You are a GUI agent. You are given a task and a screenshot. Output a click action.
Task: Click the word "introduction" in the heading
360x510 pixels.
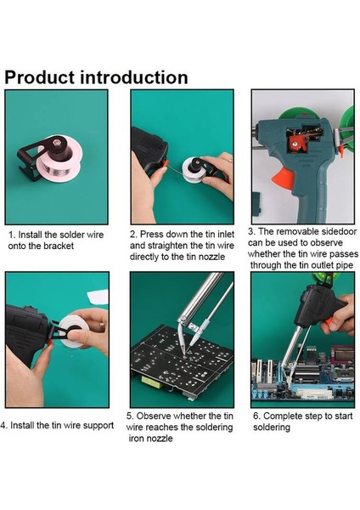[134, 77]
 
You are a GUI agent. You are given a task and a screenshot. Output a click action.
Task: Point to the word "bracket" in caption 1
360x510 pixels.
[59, 246]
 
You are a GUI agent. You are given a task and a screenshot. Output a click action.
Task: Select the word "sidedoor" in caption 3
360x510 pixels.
[339, 231]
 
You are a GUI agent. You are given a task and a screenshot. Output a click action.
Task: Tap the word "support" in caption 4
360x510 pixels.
[98, 426]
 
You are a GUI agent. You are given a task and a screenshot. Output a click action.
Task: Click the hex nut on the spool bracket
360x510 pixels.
[57, 143]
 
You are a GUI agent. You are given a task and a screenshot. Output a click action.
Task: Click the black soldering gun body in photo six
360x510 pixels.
[320, 304]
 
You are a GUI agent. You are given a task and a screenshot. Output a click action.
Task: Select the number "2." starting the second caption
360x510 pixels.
[133, 235]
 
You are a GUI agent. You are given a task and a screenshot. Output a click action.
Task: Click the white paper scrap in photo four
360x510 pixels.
[98, 297]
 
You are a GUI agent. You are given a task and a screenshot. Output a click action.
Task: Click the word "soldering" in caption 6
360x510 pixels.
[272, 428]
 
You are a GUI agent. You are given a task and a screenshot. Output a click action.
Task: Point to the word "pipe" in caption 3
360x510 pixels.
[345, 265]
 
